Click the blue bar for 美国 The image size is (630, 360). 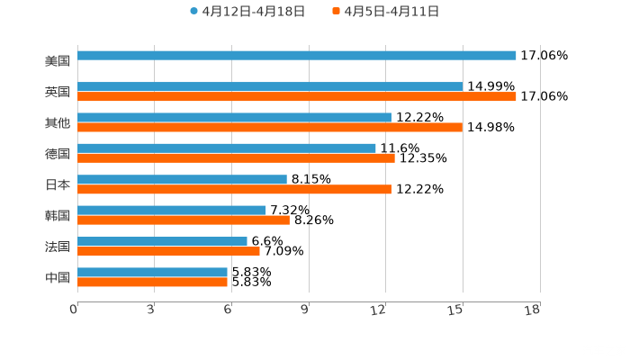pyautogui.click(x=297, y=56)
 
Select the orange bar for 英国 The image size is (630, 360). pyautogui.click(x=297, y=96)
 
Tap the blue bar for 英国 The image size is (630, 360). pyautogui.click(x=270, y=86)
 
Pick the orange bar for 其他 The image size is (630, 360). pyautogui.click(x=270, y=127)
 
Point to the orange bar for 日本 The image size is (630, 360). pyautogui.click(x=234, y=189)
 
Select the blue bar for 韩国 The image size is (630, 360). pyautogui.click(x=172, y=210)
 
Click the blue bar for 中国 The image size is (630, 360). pyautogui.click(x=152, y=272)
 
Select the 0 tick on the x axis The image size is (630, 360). pyautogui.click(x=74, y=310)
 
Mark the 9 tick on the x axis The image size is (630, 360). pyautogui.click(x=304, y=310)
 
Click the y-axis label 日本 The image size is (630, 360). pyautogui.click(x=58, y=184)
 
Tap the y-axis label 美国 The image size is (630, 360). pyautogui.click(x=58, y=61)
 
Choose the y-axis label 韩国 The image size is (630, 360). pyautogui.click(x=58, y=215)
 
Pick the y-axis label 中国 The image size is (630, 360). pyautogui.click(x=58, y=277)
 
